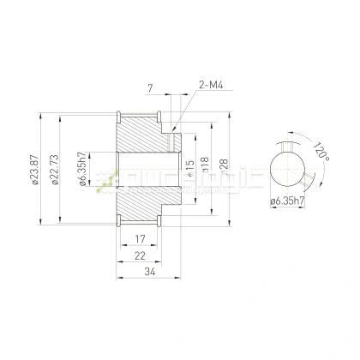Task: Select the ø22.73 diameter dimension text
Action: pyautogui.click(x=57, y=181)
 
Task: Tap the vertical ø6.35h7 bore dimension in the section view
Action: pyautogui.click(x=81, y=171)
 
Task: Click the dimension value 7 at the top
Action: pyautogui.click(x=150, y=88)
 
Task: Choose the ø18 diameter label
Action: pyautogui.click(x=205, y=165)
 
